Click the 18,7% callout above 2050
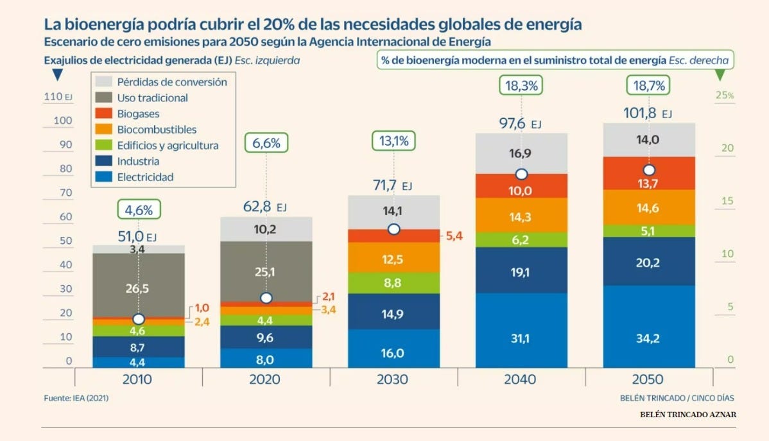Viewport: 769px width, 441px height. click(x=649, y=85)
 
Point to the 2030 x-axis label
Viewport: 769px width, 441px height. click(x=393, y=379)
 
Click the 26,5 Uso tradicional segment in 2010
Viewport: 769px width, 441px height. click(x=138, y=289)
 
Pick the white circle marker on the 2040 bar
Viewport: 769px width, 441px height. click(x=521, y=174)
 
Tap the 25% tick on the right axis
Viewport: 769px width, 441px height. click(x=725, y=96)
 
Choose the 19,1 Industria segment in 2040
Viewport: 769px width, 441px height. click(x=521, y=272)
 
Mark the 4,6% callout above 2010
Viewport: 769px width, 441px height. click(x=139, y=209)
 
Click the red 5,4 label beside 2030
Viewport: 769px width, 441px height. click(x=453, y=236)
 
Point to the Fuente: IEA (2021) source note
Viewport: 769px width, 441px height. click(x=76, y=398)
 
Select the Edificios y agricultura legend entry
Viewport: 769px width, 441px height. click(x=168, y=146)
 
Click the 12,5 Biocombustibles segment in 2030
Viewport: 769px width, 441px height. click(x=393, y=259)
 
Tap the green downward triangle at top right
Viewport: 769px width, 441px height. click(x=720, y=75)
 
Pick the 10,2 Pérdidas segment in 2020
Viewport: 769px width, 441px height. click(x=266, y=229)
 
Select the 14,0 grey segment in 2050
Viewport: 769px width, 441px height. click(x=649, y=140)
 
